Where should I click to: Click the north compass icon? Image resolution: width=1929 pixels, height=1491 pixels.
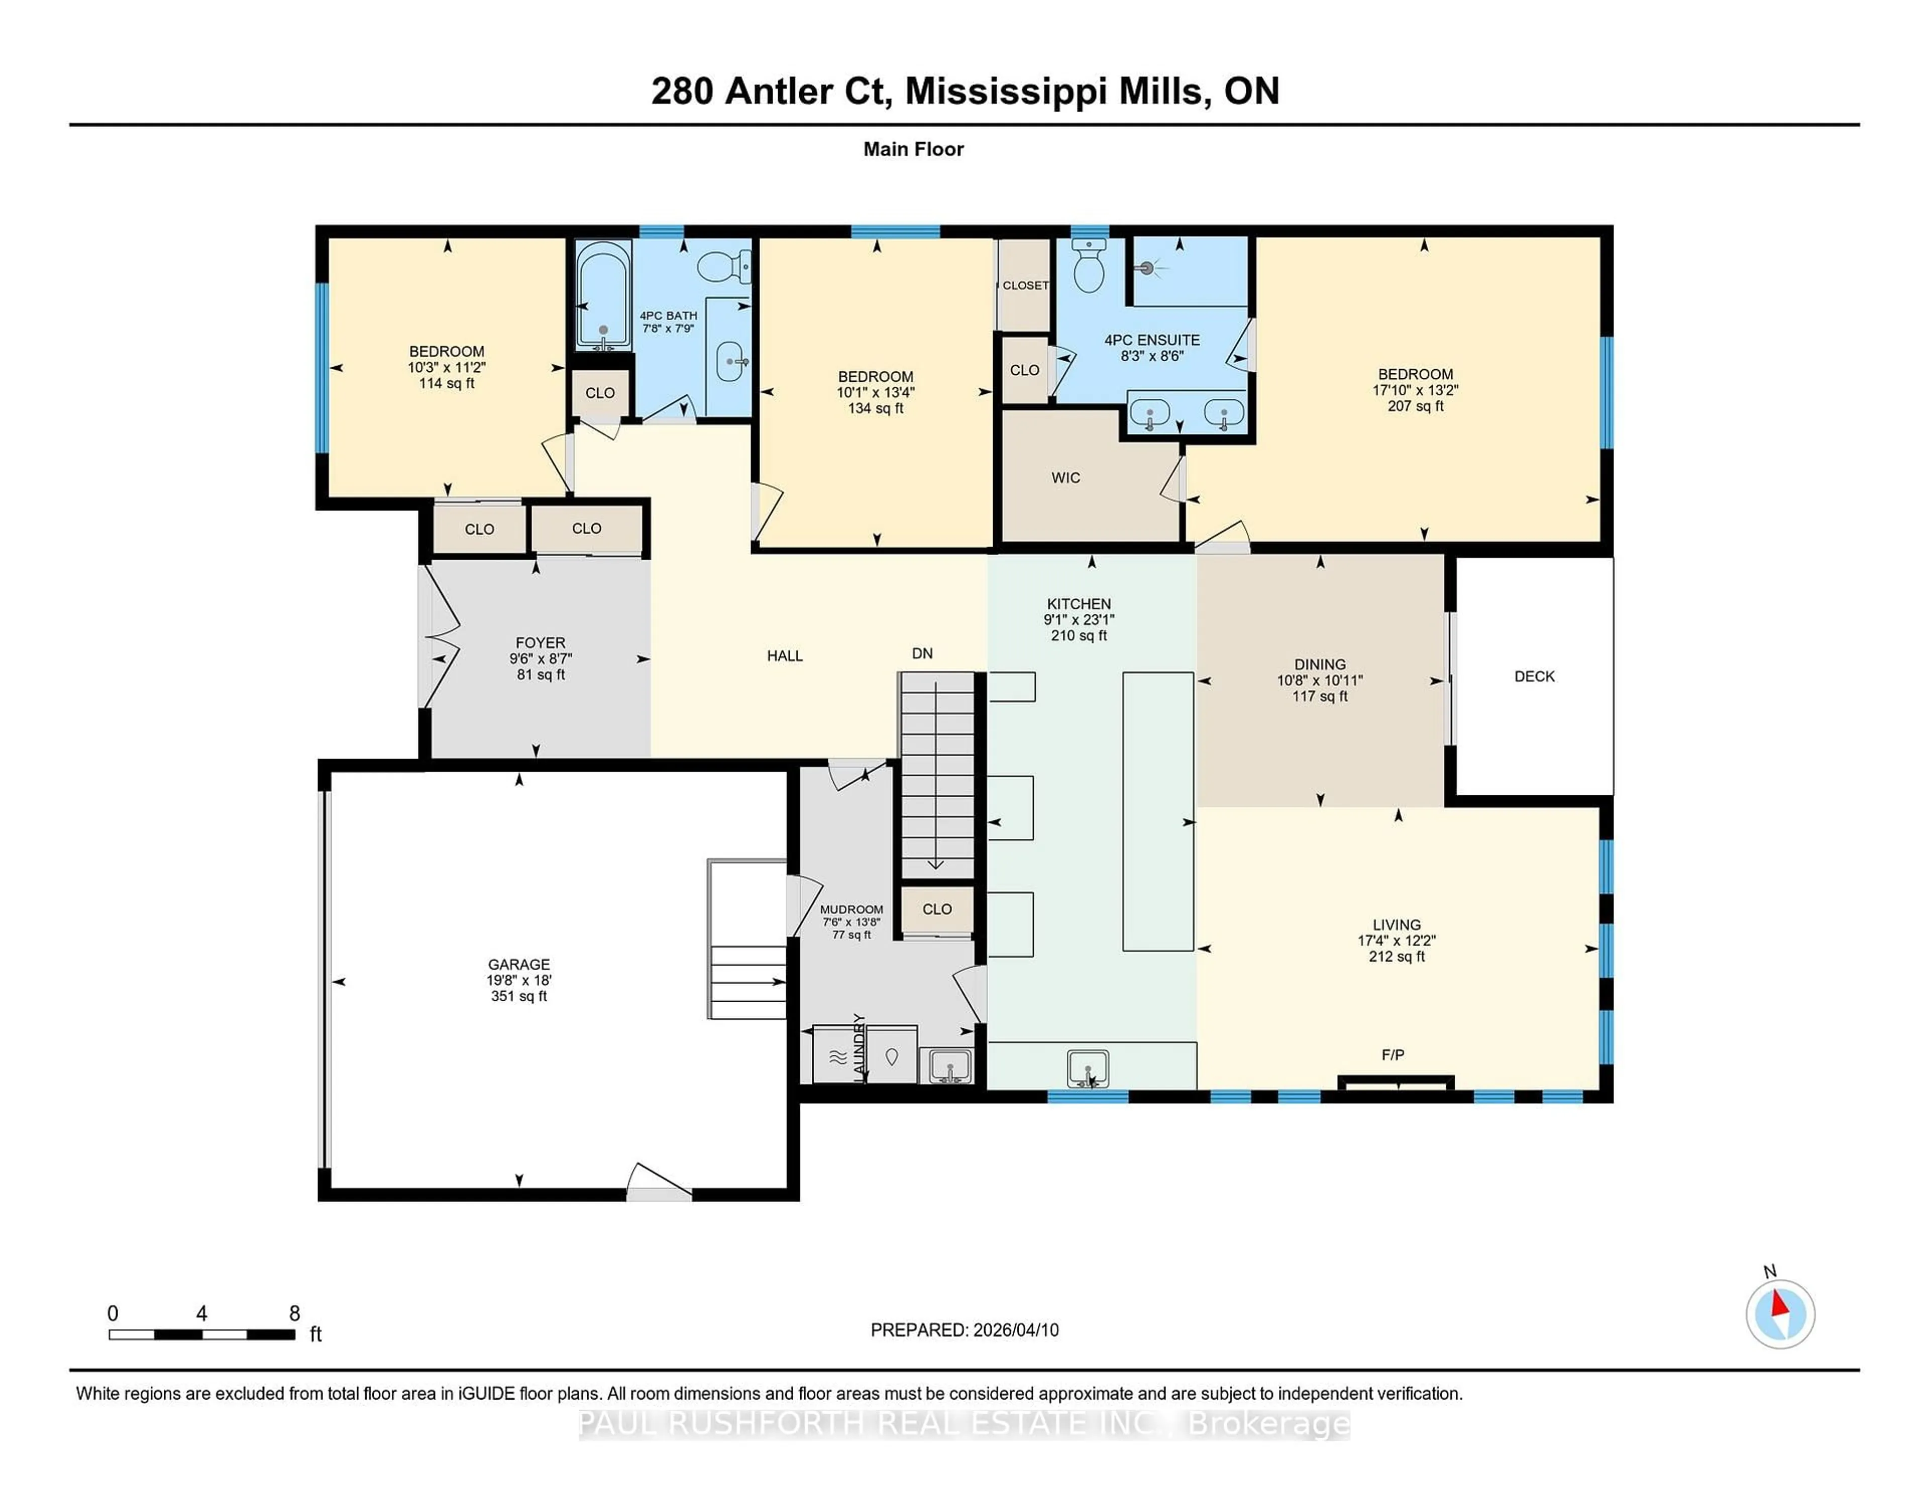point(1780,1314)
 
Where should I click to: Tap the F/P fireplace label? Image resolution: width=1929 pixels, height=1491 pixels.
point(1393,1054)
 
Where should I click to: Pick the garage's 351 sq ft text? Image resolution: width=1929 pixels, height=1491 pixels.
point(519,996)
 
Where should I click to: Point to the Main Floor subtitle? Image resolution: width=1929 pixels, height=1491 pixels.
point(913,149)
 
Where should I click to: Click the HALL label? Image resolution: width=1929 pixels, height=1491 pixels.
point(784,656)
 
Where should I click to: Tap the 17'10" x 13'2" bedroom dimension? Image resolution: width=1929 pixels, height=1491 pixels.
point(1415,389)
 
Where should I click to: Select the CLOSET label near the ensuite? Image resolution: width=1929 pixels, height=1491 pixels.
point(1025,285)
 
